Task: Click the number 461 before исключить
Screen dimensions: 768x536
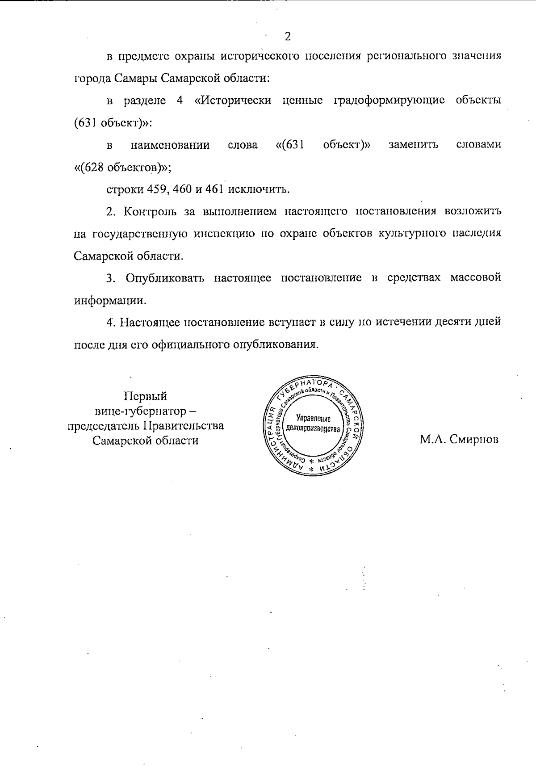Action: click(x=214, y=189)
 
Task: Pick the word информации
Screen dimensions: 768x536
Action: click(x=110, y=301)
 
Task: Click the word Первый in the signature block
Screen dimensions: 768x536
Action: click(x=145, y=396)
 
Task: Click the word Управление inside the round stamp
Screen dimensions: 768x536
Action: click(x=313, y=419)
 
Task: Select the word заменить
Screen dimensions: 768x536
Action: click(x=413, y=145)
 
